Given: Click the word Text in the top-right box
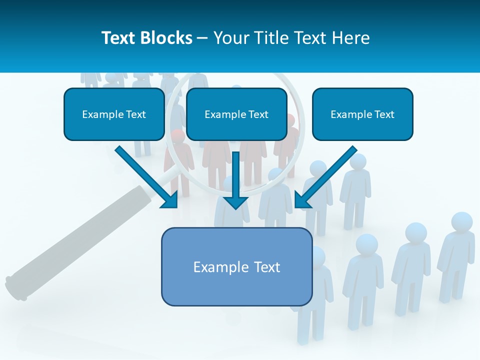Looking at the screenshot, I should (x=383, y=114).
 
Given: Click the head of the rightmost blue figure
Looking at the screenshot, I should (x=461, y=222).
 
